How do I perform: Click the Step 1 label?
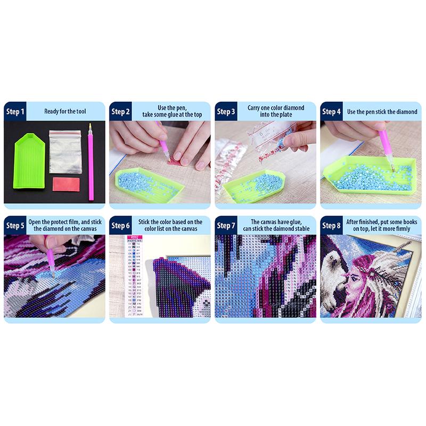(x=15, y=112)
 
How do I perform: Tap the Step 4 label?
(x=331, y=112)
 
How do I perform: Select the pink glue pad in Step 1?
(x=67, y=184)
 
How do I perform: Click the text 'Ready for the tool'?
(x=65, y=112)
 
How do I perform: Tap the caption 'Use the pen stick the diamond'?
(x=382, y=112)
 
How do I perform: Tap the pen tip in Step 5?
(x=53, y=274)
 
